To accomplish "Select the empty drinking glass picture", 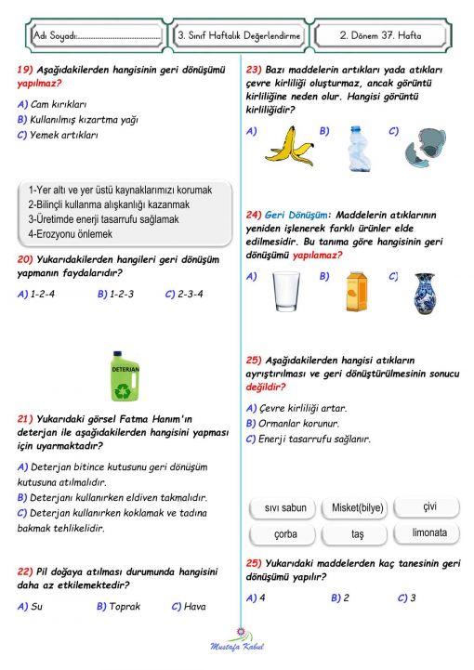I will point(285,291).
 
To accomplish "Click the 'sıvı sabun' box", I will point(285,508).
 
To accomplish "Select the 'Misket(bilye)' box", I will point(358,507).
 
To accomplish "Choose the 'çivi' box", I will point(428,506).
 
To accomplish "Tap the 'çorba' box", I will point(285,535).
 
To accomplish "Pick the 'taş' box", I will point(358,535).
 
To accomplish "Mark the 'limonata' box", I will point(429,533).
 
